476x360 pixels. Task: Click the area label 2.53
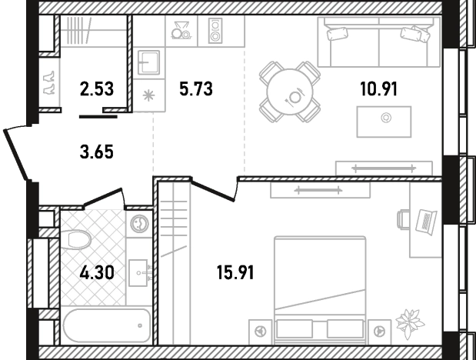[x=97, y=89]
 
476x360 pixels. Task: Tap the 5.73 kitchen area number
[x=196, y=89]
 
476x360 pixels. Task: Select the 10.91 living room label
[x=378, y=89]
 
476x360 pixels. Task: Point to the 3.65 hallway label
[x=97, y=152]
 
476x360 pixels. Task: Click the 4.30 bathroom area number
[x=97, y=272]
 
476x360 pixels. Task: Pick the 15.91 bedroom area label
[x=235, y=272]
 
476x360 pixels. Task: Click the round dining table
[x=290, y=92]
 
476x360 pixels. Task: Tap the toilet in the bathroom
[x=76, y=239]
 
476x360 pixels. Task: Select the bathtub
[x=106, y=325]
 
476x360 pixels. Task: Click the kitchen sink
[x=148, y=62]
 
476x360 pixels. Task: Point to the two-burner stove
[x=215, y=30]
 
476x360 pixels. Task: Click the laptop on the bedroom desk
[x=426, y=222]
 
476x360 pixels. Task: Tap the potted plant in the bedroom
[x=410, y=323]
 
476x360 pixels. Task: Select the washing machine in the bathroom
[x=140, y=223]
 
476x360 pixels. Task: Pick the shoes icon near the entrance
[x=49, y=82]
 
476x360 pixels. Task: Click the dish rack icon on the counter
[x=181, y=30]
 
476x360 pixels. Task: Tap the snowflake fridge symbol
[x=148, y=95]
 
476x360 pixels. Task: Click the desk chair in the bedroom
[x=403, y=218]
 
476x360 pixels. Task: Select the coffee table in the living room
[x=384, y=122]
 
